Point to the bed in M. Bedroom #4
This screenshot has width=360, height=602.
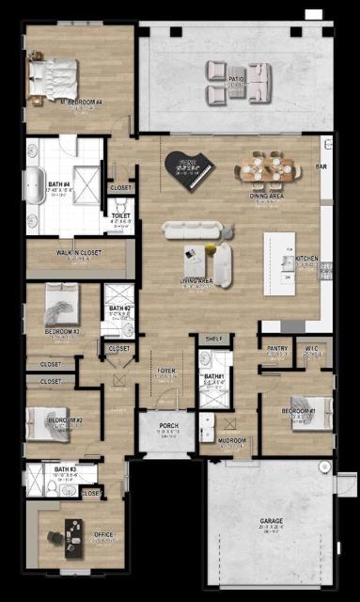(x=53, y=74)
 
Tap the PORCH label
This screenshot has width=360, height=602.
(x=168, y=426)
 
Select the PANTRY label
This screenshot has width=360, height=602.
(x=276, y=348)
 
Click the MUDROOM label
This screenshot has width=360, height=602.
(x=231, y=440)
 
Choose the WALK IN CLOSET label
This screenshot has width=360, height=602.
(x=78, y=252)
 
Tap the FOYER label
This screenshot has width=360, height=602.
(x=167, y=372)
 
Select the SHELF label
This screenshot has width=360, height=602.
(x=214, y=338)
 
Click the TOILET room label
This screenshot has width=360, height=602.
(x=120, y=215)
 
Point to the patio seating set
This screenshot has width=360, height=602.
(x=239, y=82)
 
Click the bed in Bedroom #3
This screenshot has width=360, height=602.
(x=60, y=307)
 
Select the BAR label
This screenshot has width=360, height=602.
(x=321, y=166)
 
